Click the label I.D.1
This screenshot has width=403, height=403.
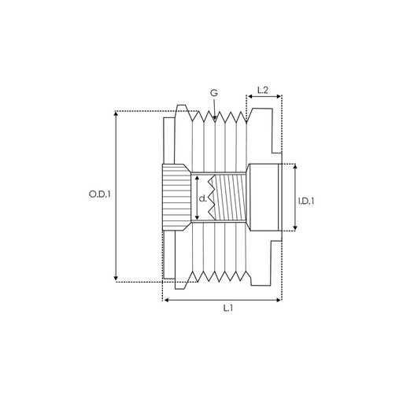[x=307, y=201]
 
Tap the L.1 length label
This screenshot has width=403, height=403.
[x=227, y=308]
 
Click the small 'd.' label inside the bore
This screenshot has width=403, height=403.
[x=203, y=198]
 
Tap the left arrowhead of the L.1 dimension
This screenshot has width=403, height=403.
[x=165, y=299]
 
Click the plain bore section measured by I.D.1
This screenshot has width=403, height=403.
[x=264, y=197]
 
